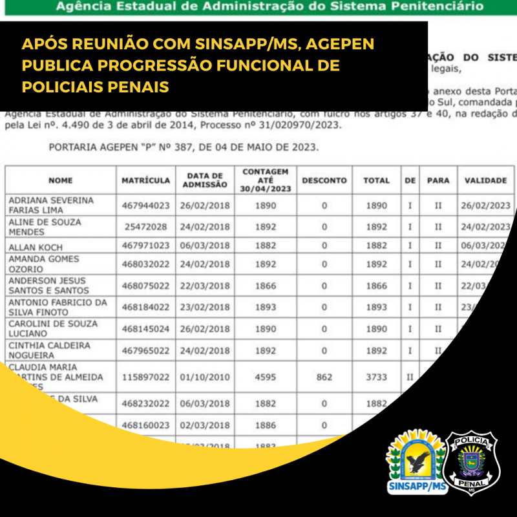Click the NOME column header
tap(60, 180)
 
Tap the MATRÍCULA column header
tap(146, 180)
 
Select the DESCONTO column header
tap(324, 180)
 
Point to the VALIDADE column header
tap(485, 180)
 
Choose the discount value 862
tap(324, 375)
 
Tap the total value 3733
tap(376, 375)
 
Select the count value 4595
tap(265, 375)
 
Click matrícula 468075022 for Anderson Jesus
tap(146, 286)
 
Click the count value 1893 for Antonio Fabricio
tap(265, 308)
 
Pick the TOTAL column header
tap(376, 180)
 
